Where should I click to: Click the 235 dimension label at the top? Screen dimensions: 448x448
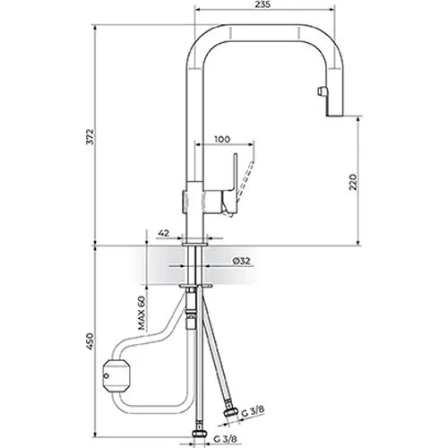pos(263,4)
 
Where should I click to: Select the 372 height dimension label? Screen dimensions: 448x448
pos(90,137)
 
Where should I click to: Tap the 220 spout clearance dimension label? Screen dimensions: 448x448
pos(353,182)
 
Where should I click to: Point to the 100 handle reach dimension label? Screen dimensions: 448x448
pos(222,139)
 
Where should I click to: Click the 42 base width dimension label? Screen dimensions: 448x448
pos(163,233)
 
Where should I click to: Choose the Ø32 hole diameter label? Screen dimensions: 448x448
pos(241,261)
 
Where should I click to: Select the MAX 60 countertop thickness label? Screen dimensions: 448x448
pos(142,313)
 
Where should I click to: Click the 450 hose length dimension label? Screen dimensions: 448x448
pos(90,341)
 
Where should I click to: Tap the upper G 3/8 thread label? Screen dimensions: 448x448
pos(254,411)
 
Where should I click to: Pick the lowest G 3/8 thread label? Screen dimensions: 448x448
pos(226,439)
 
